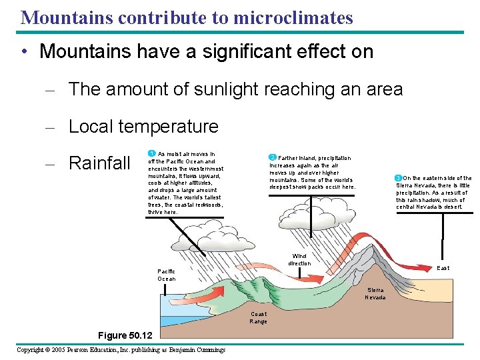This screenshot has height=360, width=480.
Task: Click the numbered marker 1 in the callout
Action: (x=151, y=154)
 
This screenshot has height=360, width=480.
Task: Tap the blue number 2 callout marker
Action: (x=272, y=157)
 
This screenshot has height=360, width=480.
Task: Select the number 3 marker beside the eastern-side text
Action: (x=398, y=178)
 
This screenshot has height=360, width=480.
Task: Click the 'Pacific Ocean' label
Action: (x=167, y=275)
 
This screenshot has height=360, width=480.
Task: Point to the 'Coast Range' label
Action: (x=258, y=317)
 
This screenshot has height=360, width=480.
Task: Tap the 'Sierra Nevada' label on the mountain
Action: (x=375, y=293)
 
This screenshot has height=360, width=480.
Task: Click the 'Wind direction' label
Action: (x=299, y=259)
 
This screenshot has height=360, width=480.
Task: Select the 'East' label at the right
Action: (x=443, y=268)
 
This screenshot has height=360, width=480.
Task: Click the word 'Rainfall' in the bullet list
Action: (x=99, y=163)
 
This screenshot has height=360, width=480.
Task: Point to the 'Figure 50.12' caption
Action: (x=125, y=335)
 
